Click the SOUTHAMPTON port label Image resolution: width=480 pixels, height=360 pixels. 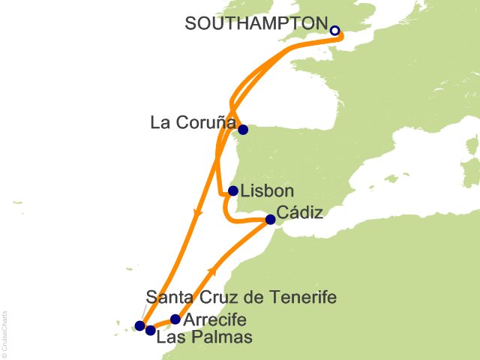point(256,24)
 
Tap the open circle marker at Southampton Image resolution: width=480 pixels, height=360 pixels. point(335,31)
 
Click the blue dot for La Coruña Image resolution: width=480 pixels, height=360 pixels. point(242,129)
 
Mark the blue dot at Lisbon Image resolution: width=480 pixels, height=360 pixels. point(233,190)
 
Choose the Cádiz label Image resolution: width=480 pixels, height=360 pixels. point(300,213)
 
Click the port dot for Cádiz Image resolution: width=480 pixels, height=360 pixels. point(270,220)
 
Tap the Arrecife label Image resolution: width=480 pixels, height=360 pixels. point(214,319)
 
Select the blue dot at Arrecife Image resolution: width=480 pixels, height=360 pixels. point(175,319)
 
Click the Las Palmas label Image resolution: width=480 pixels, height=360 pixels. point(204,337)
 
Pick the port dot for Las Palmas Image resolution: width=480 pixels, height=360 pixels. point(150,330)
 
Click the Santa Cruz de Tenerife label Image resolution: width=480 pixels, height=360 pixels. point(240,298)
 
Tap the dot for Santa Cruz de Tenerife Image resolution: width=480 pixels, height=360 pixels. point(139,325)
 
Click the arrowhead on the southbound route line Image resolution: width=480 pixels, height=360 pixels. point(198,214)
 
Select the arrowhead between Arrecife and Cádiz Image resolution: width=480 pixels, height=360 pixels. point(214,270)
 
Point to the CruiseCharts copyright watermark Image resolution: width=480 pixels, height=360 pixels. point(6,331)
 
